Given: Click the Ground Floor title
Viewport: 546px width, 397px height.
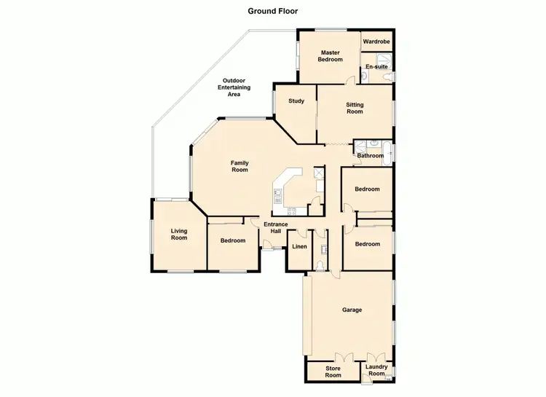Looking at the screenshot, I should coord(273,11).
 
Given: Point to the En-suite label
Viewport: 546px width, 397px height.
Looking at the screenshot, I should coord(376,66).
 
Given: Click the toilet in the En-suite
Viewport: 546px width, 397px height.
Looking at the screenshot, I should coord(387,77).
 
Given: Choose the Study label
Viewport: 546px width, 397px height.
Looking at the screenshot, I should coord(296,101).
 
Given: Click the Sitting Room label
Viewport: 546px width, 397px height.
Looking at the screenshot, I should coord(354,109).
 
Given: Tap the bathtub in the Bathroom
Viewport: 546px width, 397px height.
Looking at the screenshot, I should coord(389,153).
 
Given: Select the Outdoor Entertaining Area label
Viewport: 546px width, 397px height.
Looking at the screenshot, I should coord(234,87).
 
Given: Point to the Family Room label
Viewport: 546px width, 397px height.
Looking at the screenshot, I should coord(240,166).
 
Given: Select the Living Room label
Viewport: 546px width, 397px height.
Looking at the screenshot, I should coord(179,235).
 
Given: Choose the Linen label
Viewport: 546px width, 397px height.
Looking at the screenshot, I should coord(299,247).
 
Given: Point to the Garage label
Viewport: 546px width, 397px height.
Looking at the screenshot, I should coord(352,310).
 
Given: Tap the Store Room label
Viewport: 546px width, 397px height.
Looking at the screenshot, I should coord(333,372).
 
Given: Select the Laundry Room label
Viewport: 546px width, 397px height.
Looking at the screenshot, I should coord(376,371).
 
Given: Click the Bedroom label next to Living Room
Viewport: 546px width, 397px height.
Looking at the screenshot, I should coord(233,240).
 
